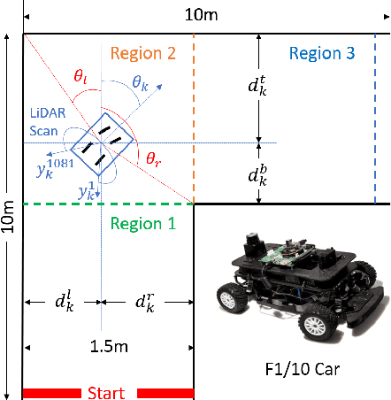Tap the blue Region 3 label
click(x=322, y=54)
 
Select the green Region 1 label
click(x=142, y=224)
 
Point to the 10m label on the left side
click(x=10, y=212)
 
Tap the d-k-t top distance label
click(x=257, y=86)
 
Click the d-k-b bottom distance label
click(x=257, y=173)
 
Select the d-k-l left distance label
click(x=64, y=304)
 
